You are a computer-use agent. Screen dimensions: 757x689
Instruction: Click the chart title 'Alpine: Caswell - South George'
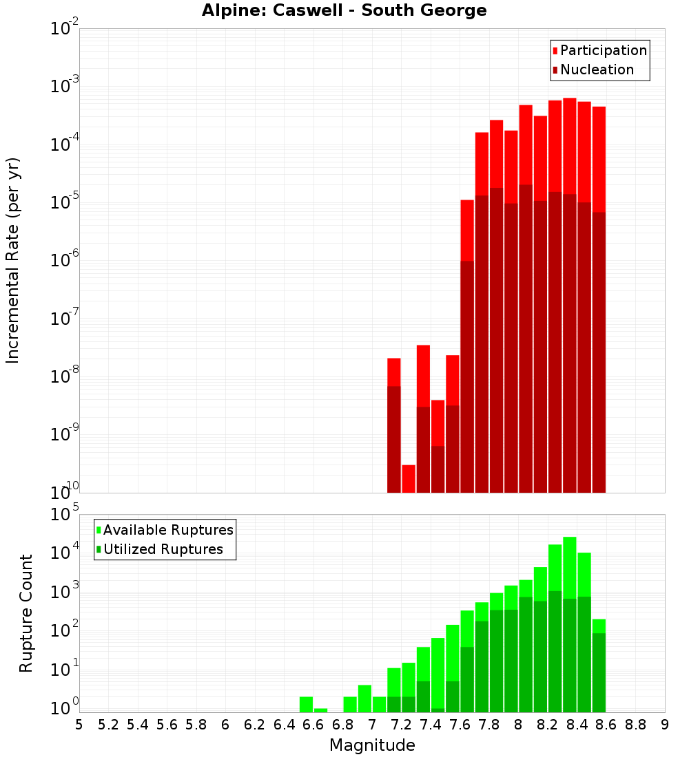coord(344,10)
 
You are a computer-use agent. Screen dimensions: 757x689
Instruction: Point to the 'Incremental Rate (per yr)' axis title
coord(13,260)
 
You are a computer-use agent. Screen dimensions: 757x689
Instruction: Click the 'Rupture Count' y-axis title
coord(26,613)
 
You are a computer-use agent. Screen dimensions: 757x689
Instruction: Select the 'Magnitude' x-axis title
coord(372,745)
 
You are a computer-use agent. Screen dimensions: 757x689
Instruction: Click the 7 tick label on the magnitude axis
coord(372,725)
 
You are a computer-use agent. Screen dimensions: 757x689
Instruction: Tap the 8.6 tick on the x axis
coord(606,725)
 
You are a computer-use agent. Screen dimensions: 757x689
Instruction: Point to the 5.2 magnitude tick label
coord(108,725)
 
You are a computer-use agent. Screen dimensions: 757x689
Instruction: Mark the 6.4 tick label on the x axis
coord(284,725)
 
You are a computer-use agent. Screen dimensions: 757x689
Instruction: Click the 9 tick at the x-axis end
coord(665,725)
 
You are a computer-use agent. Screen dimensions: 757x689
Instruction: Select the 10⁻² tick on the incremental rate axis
coord(65,29)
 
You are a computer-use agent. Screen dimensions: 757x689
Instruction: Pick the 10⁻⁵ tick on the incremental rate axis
coord(65,202)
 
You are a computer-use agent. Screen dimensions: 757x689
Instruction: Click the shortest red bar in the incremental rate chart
coord(409,478)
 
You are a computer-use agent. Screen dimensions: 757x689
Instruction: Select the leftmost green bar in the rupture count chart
coord(306,704)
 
